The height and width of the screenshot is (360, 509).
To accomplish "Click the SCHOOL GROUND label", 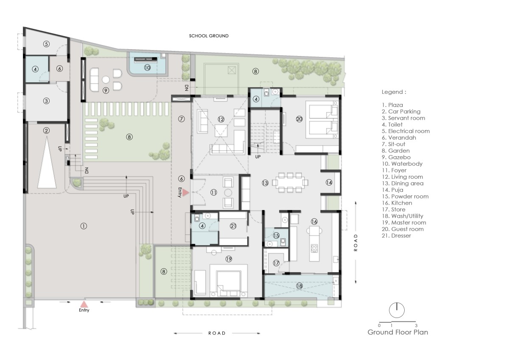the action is (x=209, y=36).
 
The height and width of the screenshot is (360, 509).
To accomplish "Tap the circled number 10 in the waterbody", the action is (x=147, y=67).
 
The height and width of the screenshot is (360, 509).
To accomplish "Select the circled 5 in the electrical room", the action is (x=46, y=44).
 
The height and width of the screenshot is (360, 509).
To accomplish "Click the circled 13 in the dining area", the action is (x=265, y=183).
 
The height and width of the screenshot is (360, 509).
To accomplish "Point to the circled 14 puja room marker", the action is (x=329, y=183).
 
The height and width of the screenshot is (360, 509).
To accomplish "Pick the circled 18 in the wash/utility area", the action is (x=299, y=286).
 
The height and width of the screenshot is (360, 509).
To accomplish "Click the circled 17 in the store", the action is (x=276, y=263).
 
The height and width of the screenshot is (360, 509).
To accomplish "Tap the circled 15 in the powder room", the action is (x=276, y=235).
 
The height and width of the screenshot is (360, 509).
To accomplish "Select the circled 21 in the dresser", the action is (x=233, y=226).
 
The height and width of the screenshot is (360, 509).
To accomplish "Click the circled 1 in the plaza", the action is (x=84, y=226).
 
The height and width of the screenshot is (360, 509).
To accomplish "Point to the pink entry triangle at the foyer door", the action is (x=185, y=193).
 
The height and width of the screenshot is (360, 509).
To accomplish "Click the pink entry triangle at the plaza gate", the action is (x=84, y=304).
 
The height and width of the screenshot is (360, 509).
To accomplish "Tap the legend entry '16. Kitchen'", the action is (x=397, y=203).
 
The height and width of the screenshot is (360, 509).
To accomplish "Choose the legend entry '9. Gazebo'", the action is (x=396, y=157).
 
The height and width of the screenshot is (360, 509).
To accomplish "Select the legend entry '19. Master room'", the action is (x=404, y=222).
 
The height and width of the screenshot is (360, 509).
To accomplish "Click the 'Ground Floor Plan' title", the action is (x=398, y=332).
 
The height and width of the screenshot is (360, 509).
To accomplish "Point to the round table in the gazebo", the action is (x=106, y=79).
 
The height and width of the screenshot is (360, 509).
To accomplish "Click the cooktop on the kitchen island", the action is (x=314, y=248).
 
